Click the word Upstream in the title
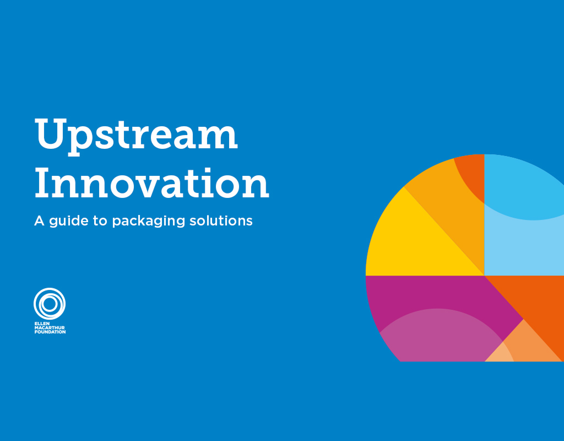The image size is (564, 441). (x=136, y=136)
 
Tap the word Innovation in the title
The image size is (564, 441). (x=151, y=184)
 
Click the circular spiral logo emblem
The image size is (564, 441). (x=50, y=304)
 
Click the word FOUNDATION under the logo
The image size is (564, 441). (x=50, y=332)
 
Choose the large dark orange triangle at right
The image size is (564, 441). (x=537, y=303)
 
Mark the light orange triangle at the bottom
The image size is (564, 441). (x=529, y=347)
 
